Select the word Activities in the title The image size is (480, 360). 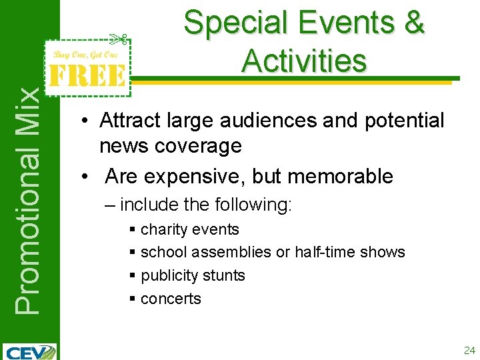pyautogui.click(x=304, y=61)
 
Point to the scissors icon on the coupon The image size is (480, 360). pyautogui.click(x=119, y=39)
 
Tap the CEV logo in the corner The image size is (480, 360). pyautogui.click(x=30, y=351)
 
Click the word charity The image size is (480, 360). pyautogui.click(x=163, y=230)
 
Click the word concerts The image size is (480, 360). pyautogui.click(x=171, y=299)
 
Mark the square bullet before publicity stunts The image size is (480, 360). pyautogui.click(x=133, y=275)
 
